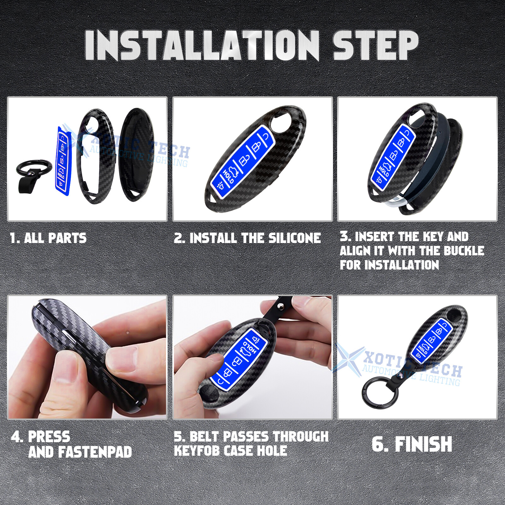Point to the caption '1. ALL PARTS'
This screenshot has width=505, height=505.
[48, 238]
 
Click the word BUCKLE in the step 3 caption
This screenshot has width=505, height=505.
[464, 251]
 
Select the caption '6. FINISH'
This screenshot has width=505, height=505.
[412, 444]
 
